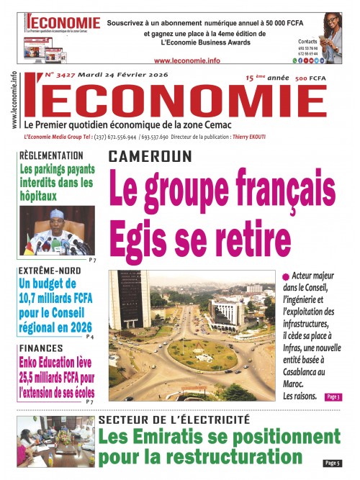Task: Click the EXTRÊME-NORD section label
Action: pyautogui.click(x=51, y=272)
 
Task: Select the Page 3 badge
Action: pyautogui.click(x=333, y=397)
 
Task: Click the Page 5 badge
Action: pyautogui.click(x=332, y=463)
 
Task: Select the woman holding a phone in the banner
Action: pyautogui.click(x=333, y=32)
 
